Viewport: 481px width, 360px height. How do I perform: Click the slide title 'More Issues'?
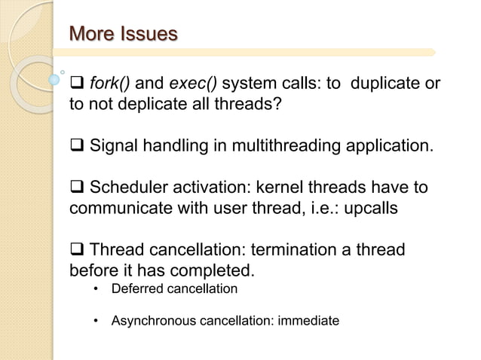tap(124, 34)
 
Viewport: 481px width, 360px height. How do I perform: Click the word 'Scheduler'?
tap(129, 187)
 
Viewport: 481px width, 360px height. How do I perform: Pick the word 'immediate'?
tap(309, 322)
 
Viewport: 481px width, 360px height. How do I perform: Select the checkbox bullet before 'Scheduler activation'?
tap(77, 188)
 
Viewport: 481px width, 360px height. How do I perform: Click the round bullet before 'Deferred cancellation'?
tap(97, 289)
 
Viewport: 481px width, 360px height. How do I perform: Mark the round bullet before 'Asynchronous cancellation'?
tap(97, 322)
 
